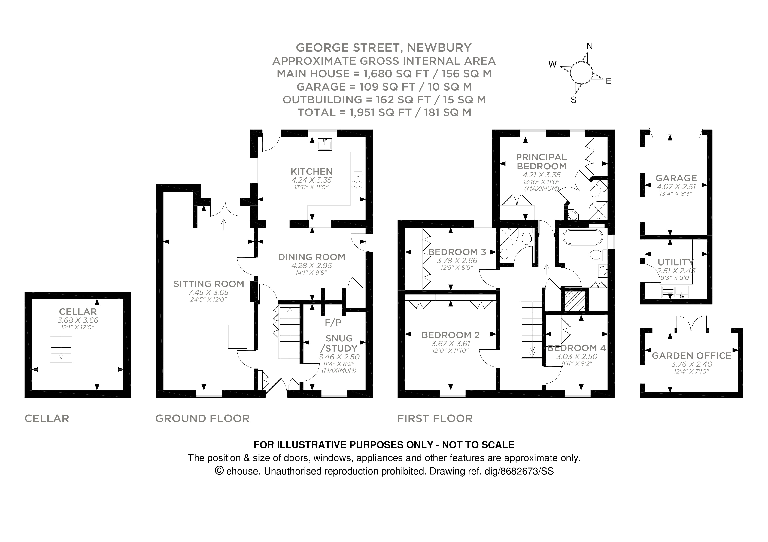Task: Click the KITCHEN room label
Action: coord(311,171)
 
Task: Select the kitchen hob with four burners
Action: coord(358,181)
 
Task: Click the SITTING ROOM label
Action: coord(209,284)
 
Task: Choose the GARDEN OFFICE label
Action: coord(691,356)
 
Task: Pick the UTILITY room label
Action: coord(676,262)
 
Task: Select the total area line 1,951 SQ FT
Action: coord(384,113)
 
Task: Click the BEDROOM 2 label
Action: coord(450,335)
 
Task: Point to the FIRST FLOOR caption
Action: coord(435,418)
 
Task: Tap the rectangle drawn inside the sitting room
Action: coord(238,336)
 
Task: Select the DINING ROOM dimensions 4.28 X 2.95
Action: coord(311,266)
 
